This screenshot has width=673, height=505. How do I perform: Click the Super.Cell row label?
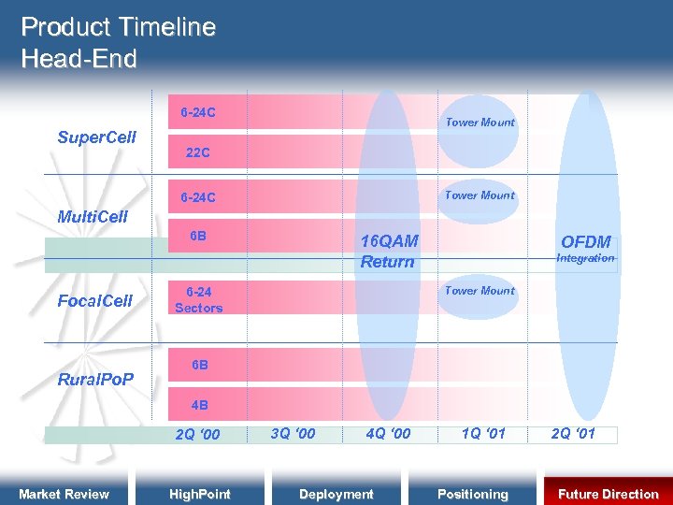(x=96, y=137)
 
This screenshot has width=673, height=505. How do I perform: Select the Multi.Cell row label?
(x=93, y=217)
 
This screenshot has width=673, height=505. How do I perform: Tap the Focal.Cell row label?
(x=95, y=301)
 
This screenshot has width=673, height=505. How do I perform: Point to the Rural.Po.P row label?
(x=95, y=380)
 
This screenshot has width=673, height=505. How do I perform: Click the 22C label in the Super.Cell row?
(x=197, y=152)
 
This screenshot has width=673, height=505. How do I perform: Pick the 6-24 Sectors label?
(x=198, y=300)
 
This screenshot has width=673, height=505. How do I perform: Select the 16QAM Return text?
(x=389, y=252)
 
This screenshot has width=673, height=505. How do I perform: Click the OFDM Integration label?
(x=586, y=249)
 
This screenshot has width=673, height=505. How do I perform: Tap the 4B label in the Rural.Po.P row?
(x=199, y=406)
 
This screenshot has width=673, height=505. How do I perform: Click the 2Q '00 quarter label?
(x=198, y=434)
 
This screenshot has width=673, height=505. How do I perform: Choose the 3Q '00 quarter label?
(x=293, y=433)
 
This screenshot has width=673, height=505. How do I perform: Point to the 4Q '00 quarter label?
(x=388, y=433)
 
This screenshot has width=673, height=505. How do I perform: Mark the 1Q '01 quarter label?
(x=483, y=433)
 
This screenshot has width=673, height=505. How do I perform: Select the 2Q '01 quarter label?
(x=573, y=433)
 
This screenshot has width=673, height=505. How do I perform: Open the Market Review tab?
(x=64, y=494)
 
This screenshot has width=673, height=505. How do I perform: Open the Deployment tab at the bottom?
(x=336, y=494)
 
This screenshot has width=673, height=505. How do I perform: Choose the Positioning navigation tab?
(x=473, y=494)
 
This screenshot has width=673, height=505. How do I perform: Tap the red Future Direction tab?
(x=608, y=494)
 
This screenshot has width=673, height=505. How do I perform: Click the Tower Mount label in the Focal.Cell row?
(x=480, y=291)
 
